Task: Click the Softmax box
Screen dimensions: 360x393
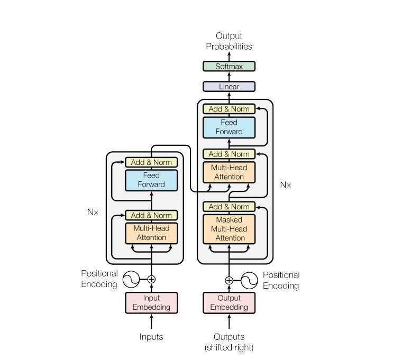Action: tap(229, 67)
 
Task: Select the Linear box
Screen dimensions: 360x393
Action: tap(229, 86)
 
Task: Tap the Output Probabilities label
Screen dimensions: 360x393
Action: tap(229, 41)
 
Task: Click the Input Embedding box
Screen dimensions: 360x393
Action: tap(151, 302)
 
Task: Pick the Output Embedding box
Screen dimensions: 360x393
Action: tap(229, 302)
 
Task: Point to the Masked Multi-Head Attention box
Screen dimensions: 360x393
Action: tap(229, 228)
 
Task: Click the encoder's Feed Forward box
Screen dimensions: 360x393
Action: tap(151, 180)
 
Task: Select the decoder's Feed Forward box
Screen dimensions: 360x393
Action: tap(229, 127)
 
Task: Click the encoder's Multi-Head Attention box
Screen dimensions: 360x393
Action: tap(151, 233)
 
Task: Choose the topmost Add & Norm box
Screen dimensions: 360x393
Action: tap(229, 109)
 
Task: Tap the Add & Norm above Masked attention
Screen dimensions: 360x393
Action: tap(229, 206)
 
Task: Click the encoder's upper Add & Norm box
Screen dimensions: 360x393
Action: tap(151, 162)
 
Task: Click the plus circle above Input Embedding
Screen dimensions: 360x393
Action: tap(152, 279)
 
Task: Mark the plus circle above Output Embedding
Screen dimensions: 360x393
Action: tap(229, 280)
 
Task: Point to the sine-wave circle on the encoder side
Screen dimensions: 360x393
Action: tap(131, 279)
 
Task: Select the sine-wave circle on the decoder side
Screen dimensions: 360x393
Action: tap(250, 280)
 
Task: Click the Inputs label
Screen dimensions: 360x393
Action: tap(151, 337)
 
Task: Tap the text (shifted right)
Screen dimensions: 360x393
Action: tap(229, 347)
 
